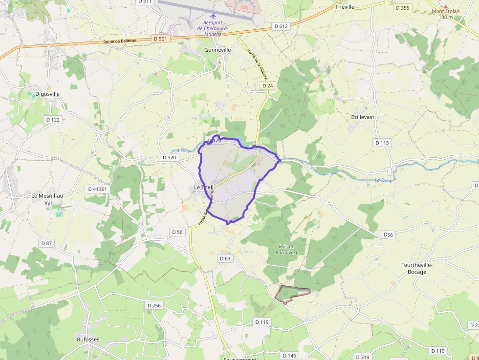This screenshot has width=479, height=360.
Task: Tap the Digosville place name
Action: point(47,94)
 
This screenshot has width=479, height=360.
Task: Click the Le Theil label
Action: point(204,188)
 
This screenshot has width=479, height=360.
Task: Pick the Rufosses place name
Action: point(88,339)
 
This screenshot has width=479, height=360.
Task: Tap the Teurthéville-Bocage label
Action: point(417,268)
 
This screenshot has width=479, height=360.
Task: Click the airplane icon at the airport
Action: point(213,15)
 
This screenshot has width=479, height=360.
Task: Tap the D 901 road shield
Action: point(160,39)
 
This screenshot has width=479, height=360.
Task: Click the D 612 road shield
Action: point(281,26)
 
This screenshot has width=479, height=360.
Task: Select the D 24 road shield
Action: point(267,85)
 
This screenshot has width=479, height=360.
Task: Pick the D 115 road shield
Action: point(383,143)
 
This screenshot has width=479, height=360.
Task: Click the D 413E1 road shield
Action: point(97,189)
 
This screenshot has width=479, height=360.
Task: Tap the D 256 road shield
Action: point(153,305)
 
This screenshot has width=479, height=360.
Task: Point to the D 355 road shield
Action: point(403,8)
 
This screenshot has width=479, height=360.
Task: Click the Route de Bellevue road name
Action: point(120,42)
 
